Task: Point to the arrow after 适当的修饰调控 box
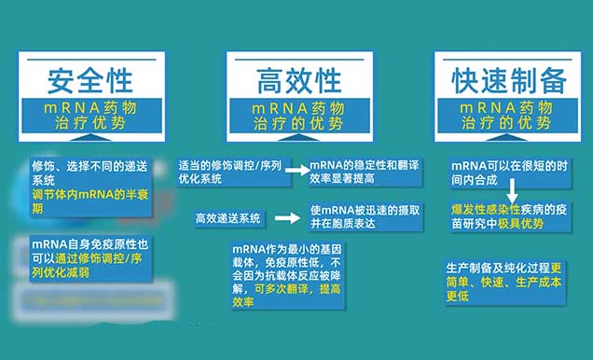click(x=296, y=171)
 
